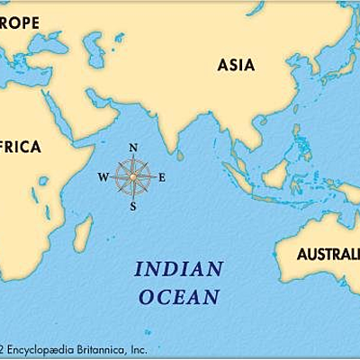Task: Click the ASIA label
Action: [x=236, y=65]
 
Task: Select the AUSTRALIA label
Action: [x=328, y=253]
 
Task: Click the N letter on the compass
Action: [x=133, y=148]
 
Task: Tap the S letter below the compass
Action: [x=133, y=206]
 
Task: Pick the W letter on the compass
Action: [x=103, y=176]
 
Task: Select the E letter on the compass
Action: [x=162, y=176]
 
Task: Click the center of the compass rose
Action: [x=133, y=176]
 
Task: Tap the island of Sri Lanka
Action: [x=181, y=155]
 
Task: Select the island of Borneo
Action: [x=274, y=172]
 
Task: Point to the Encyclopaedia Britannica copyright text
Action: [x=72, y=348]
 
